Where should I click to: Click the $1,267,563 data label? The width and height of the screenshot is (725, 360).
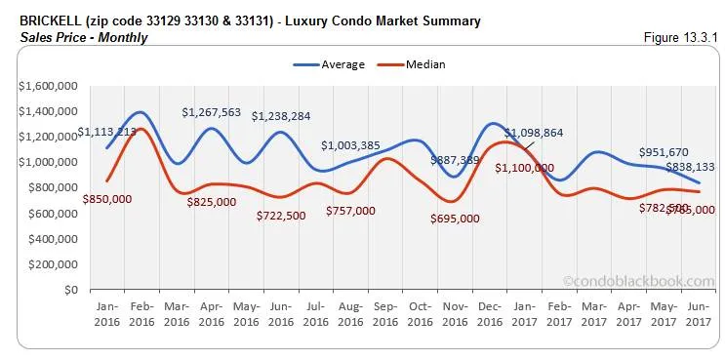[211, 112]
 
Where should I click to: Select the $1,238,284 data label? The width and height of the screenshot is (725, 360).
[281, 116]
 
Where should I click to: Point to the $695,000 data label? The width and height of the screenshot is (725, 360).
[455, 219]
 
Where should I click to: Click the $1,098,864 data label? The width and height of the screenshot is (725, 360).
[535, 132]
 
